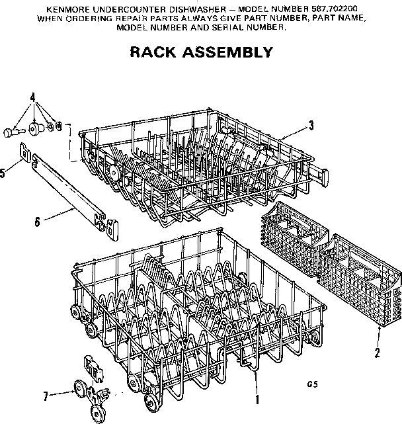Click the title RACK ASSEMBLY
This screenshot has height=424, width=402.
pos(200,52)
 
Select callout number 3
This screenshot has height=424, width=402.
pos(311,124)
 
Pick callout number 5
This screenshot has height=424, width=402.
pos(3,173)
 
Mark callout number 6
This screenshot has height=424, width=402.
pos(38,222)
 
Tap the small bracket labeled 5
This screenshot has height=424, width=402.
pos(24,154)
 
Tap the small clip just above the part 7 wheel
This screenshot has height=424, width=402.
pos(92,367)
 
